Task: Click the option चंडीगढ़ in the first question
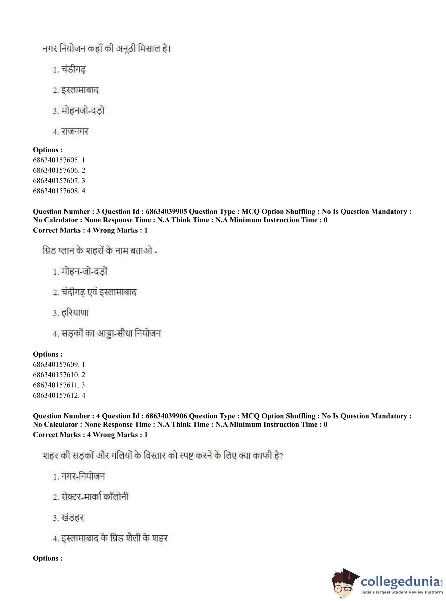[73, 70]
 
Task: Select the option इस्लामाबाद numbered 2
[80, 90]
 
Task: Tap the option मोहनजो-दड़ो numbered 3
[83, 111]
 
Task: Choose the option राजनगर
[75, 132]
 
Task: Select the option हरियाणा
[75, 313]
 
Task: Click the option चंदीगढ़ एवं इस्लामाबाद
[99, 292]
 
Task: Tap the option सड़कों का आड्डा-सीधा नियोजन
[111, 334]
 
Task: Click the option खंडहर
[72, 518]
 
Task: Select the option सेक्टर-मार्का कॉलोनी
[95, 497]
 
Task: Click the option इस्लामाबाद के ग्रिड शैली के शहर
[114, 538]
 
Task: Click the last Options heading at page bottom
[48, 558]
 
